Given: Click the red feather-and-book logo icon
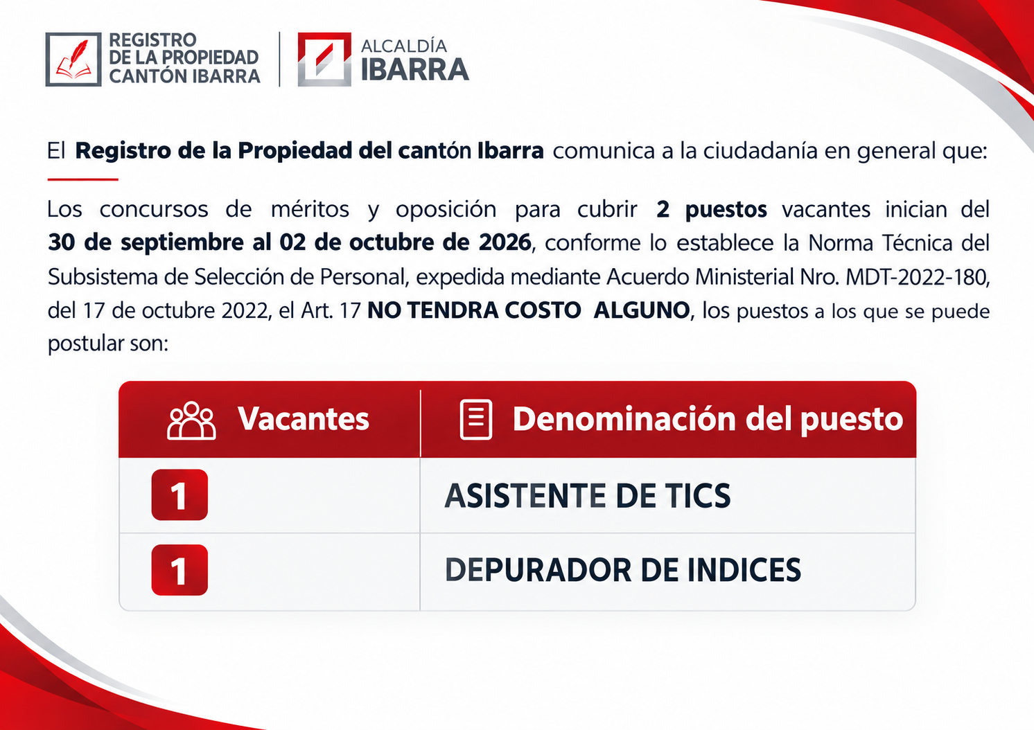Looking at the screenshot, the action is point(73,59).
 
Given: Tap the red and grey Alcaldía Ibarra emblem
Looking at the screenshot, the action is point(324,59).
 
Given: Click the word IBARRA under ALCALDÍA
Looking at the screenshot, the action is point(414,70).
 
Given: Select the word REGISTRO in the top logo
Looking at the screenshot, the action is point(152,40).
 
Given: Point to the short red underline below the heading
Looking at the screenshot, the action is point(83,179).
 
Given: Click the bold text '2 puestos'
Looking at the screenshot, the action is point(712,210).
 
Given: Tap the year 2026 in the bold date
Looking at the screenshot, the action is point(505,242).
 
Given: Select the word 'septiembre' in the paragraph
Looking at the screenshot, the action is point(182,243).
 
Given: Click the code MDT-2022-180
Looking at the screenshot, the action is point(917,277).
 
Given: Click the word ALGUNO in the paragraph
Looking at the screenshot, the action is point(642,310).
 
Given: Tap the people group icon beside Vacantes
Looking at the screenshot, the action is point(191,420).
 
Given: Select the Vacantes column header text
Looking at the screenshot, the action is point(304,419).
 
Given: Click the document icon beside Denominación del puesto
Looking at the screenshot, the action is point(476,420).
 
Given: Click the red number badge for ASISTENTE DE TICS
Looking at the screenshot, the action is point(179,495).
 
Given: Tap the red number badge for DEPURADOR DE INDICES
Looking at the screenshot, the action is point(179,570).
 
